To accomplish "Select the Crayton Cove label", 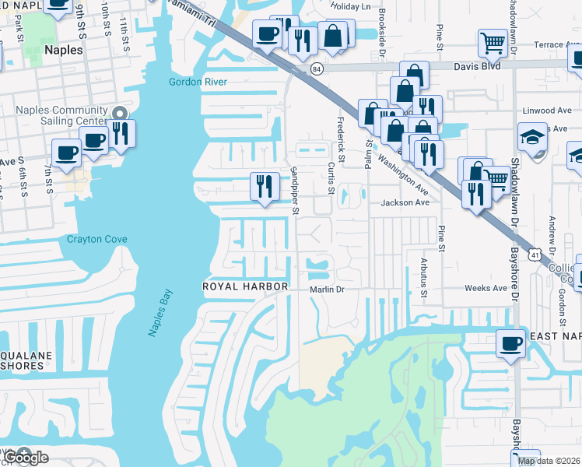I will coord(96,239).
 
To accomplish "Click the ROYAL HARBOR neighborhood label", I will coord(245,287).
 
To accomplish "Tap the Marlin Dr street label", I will coord(327,289).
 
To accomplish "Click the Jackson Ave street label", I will coord(405,202).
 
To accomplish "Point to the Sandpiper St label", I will coord(295,189).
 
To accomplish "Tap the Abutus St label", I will coord(424,278).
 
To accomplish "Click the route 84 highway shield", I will coord(316,69).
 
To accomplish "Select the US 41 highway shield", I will coord(534,255).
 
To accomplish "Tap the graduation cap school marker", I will coord(532,138).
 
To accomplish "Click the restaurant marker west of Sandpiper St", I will coord(265,186).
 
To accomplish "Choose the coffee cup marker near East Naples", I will coord(511,342).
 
